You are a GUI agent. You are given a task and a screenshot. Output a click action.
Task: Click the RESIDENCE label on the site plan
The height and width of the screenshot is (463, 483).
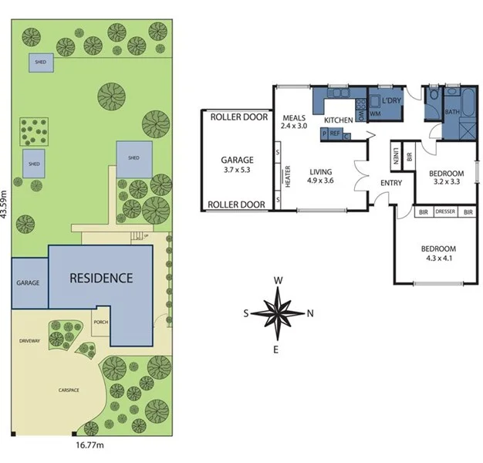[x=101, y=278]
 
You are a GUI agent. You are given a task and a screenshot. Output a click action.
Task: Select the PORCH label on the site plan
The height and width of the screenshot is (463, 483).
[x=100, y=323]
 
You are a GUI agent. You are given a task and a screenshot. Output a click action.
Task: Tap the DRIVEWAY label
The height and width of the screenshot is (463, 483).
[x=29, y=340]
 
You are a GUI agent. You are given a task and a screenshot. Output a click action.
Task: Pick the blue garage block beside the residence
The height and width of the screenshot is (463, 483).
[x=29, y=283]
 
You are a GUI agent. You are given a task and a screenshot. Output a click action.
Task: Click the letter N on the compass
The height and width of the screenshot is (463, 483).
[x=310, y=313]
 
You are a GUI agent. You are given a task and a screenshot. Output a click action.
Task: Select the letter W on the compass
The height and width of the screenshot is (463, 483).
[x=279, y=281]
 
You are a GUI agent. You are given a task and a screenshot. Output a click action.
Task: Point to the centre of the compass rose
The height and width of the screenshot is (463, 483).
[x=279, y=313]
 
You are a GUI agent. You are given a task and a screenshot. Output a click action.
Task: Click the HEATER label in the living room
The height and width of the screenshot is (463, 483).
[x=287, y=176]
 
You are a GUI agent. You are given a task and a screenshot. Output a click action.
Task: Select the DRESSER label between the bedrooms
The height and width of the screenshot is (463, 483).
[x=445, y=211]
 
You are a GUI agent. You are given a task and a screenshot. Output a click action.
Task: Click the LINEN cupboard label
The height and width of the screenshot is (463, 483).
[x=394, y=157]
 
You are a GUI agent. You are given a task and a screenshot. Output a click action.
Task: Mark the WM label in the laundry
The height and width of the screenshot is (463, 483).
[x=376, y=114]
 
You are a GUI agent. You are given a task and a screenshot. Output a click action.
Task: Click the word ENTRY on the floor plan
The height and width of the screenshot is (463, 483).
[x=391, y=182]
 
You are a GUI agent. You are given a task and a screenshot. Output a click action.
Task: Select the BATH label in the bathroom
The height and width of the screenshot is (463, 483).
[x=452, y=112]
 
